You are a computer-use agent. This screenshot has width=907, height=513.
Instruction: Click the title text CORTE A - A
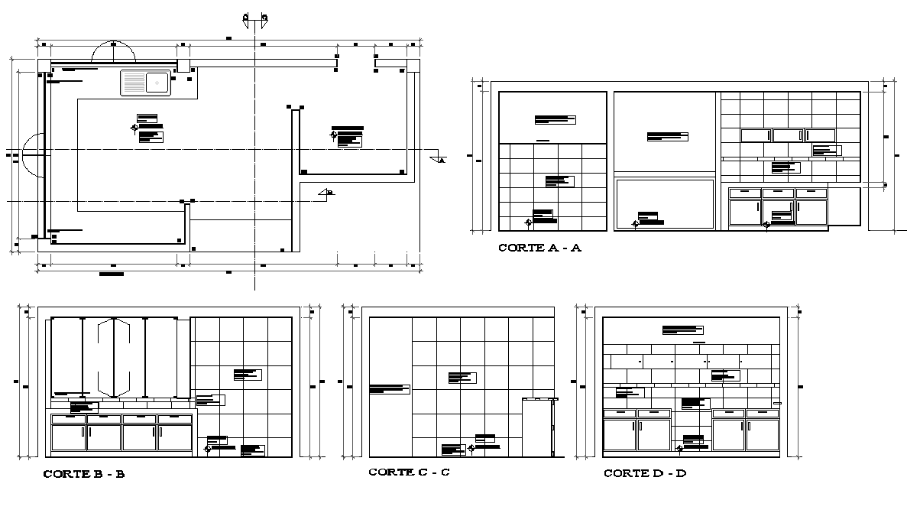539,248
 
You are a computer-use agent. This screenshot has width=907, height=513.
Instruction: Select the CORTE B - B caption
83,474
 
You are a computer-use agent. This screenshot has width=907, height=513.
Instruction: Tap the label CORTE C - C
409,472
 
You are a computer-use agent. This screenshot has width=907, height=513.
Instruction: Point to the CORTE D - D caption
645,473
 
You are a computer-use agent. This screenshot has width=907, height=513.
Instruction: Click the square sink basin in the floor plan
157,82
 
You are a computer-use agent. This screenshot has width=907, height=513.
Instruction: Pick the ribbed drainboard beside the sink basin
132,82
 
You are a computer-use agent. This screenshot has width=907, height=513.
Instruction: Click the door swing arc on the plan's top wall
113,51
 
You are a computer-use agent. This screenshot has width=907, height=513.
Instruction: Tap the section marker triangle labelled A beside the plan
439,160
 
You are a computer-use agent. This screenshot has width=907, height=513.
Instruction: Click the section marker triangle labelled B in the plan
326,193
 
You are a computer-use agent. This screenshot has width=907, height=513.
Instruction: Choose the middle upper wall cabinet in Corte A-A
787,135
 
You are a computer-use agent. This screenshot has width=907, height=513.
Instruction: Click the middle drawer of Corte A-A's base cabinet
778,193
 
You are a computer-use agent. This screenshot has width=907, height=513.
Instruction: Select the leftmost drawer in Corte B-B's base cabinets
68,419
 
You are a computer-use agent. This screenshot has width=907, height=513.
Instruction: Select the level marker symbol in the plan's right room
333,135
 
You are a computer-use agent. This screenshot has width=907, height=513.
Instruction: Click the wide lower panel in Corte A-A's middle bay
665,204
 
